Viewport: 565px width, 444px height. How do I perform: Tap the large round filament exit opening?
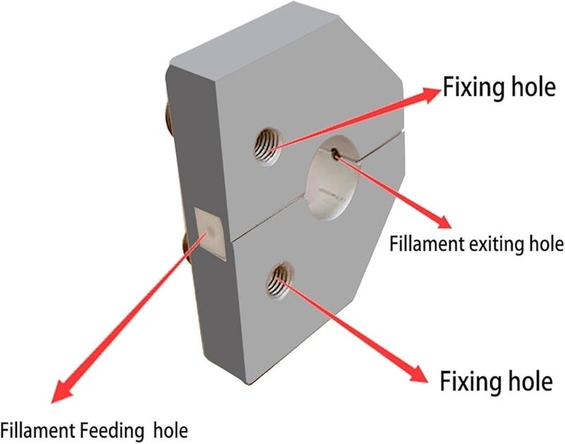click(x=333, y=180)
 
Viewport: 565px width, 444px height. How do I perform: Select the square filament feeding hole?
click(x=210, y=233)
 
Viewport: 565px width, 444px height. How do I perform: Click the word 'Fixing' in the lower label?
click(x=467, y=382)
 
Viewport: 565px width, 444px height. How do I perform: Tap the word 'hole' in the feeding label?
click(x=169, y=430)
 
